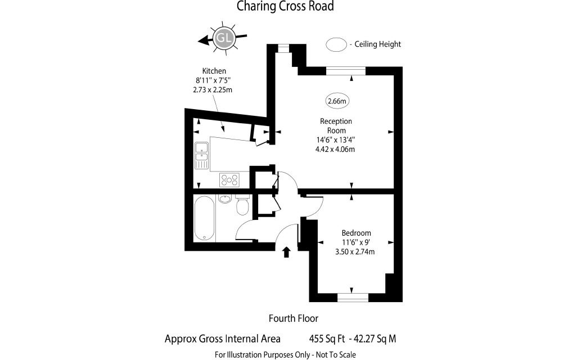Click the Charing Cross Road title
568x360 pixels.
285,6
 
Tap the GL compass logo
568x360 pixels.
224,38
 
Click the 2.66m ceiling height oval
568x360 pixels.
337,101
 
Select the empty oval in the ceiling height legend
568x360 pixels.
336,44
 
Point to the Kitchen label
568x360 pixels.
214,71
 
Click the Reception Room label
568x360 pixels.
336,125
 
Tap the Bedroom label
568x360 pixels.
357,233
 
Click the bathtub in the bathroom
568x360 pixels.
204,219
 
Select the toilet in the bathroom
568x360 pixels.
242,204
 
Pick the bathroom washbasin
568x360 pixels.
225,199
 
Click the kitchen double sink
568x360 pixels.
201,156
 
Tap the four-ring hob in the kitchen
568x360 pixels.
229,180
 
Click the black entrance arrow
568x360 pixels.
287,252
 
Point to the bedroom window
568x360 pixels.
353,298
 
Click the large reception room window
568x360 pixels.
346,71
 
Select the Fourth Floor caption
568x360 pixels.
294,318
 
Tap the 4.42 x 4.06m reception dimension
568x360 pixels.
335,149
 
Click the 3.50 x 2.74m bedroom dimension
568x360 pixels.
355,251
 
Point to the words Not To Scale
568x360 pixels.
336,355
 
